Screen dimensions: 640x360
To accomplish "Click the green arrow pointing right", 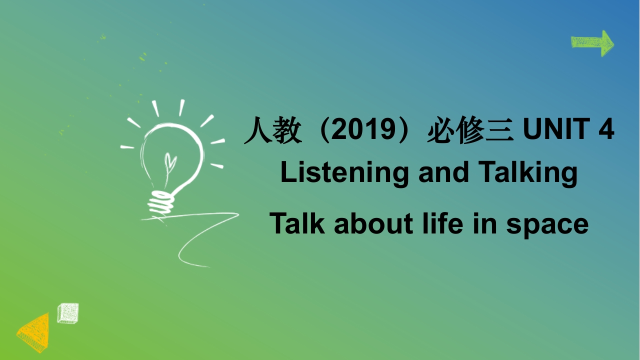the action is (x=592, y=43).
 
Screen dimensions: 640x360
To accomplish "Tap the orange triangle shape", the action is (x=35, y=333).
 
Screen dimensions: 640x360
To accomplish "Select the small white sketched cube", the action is (x=68, y=313).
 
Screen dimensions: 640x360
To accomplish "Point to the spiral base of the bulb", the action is (x=161, y=202).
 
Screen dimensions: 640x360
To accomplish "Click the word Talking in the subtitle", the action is (x=527, y=173).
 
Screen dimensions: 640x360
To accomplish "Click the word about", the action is (x=373, y=223).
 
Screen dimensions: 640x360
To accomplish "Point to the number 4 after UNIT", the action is (x=606, y=129).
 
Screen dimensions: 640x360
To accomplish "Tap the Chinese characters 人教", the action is (x=273, y=130).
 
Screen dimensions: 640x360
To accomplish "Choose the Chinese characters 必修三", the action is (x=470, y=130).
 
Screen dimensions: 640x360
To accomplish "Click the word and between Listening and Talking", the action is (x=443, y=172).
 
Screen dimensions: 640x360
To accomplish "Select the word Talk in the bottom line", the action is (x=297, y=223).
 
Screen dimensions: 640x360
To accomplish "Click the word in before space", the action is (x=485, y=223).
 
